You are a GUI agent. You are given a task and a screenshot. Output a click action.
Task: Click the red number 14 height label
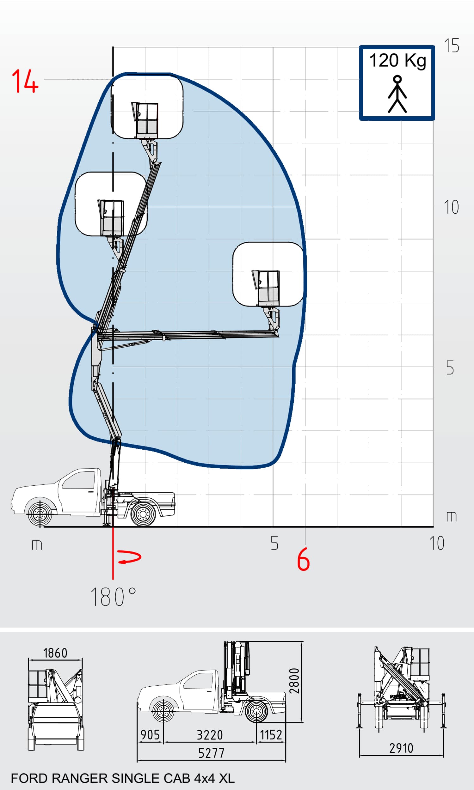pos(25,82)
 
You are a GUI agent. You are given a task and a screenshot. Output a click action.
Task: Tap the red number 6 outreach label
pos(304,559)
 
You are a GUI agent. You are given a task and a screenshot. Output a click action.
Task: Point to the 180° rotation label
pos(114,597)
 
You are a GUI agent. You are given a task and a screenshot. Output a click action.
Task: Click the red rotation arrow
pos(129,557)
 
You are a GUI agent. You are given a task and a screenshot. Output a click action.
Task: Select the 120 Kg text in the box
pos(398,60)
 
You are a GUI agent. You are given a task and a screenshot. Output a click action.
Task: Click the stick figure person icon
pos(397,94)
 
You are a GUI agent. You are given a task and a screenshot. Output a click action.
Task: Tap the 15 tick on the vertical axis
pos(452,45)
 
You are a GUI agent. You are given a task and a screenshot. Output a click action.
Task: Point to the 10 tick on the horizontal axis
pos(437,543)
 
